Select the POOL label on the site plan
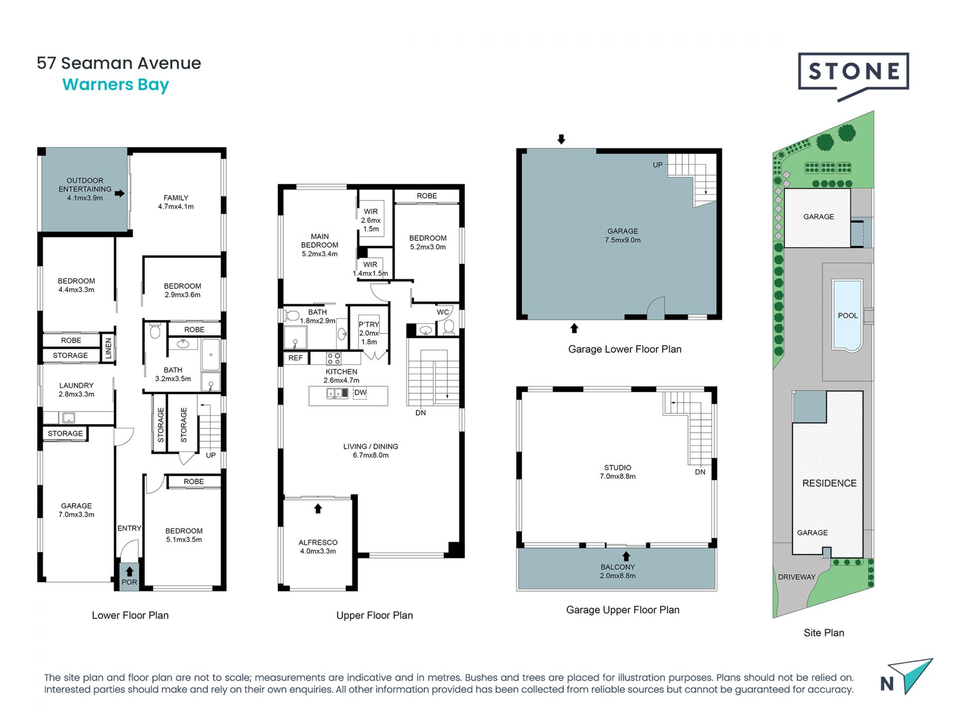[x=848, y=316]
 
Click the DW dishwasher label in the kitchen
[x=360, y=392]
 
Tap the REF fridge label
[x=295, y=358]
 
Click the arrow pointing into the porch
[x=129, y=572]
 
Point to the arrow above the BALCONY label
[x=626, y=556]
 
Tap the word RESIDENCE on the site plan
[x=829, y=483]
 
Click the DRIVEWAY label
[x=797, y=577]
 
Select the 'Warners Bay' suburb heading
[x=116, y=85]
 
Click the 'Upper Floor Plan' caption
[x=375, y=616]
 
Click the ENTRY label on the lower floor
[x=129, y=528]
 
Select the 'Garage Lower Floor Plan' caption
[x=625, y=350]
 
